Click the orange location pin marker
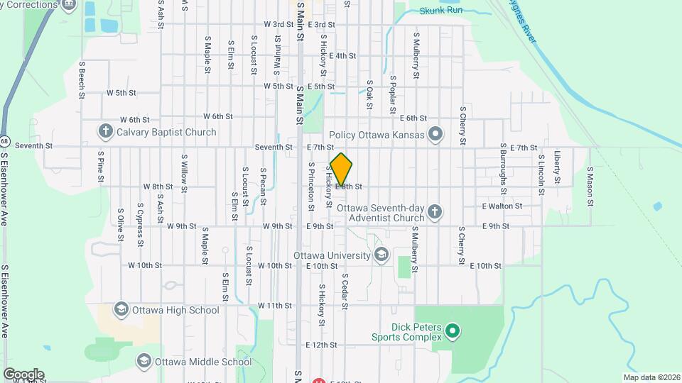coord(341,169)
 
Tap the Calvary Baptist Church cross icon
coord(105,132)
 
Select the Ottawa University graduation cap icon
coord(381,255)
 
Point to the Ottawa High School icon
coord(121,310)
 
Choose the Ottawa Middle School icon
coord(144,362)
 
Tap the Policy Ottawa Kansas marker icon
coord(435,135)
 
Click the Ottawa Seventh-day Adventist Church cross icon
coord(434,211)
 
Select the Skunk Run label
coord(440,11)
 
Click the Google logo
coord(23,374)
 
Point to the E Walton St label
coord(502,206)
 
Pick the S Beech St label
coord(82,78)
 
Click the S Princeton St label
coord(311,187)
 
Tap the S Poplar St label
coord(392,94)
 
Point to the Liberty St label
coord(558,167)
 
